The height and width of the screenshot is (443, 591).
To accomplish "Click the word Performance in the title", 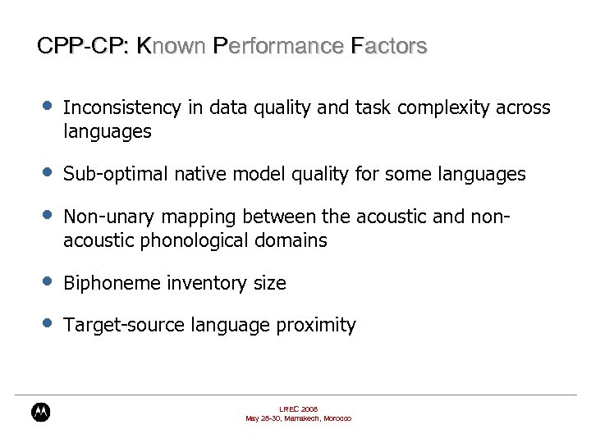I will tap(277, 46).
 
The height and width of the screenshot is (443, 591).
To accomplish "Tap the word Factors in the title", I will tap(388, 46).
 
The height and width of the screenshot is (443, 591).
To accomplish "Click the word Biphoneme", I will tap(112, 284).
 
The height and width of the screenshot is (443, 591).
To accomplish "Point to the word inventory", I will tap(203, 284).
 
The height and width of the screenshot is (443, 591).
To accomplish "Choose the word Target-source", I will tap(124, 326).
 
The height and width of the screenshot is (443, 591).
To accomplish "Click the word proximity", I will tap(316, 326).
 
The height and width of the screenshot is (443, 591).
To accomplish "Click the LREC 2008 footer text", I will tap(298, 409).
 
